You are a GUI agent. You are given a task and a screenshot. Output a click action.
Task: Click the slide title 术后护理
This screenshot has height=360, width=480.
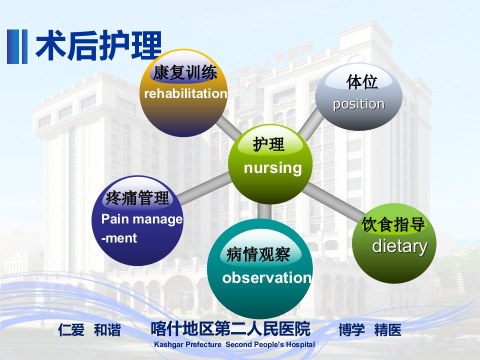(x=98, y=46)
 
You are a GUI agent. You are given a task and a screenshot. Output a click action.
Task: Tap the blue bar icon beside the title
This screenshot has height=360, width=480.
(x=17, y=46)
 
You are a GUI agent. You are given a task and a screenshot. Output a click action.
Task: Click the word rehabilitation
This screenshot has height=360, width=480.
(x=185, y=93)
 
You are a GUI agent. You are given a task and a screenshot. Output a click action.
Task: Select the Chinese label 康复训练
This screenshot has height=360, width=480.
(x=185, y=73)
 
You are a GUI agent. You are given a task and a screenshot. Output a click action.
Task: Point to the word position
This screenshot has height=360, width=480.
(x=359, y=104)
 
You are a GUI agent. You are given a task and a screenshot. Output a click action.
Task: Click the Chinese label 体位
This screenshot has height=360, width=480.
(x=362, y=82)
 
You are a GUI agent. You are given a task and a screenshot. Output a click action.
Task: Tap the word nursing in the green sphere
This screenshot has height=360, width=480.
(x=273, y=168)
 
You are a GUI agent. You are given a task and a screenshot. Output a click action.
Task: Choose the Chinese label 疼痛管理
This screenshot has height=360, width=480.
(x=137, y=198)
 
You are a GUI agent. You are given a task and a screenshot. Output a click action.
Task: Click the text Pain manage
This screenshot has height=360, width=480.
(x=141, y=219)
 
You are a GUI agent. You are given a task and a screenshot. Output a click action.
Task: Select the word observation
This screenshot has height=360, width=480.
(x=267, y=277)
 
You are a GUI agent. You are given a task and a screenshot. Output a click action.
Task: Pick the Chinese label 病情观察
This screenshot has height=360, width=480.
(x=258, y=254)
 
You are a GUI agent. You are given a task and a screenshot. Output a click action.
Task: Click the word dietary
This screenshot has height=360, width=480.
(x=400, y=246)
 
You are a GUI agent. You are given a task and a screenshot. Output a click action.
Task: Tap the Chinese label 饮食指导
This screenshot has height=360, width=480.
(x=393, y=224)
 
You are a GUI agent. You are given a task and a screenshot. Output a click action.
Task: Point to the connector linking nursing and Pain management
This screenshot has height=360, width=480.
(x=204, y=188)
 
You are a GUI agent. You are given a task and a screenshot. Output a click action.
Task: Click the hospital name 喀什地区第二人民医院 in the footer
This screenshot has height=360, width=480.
(x=231, y=329)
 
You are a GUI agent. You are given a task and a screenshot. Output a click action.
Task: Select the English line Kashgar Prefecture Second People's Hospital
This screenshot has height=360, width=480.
(x=234, y=344)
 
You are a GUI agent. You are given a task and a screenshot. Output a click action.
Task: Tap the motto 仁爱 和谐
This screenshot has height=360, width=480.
(x=89, y=330)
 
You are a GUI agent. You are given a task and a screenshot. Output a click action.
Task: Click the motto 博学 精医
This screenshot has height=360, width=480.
(x=370, y=330)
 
